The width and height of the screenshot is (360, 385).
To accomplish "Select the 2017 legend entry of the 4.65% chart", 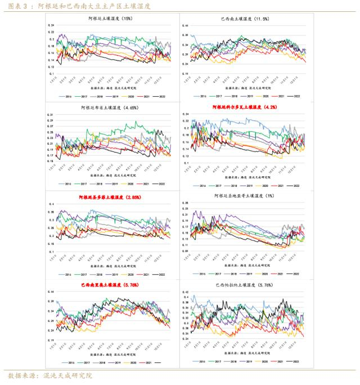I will point(84,183).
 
